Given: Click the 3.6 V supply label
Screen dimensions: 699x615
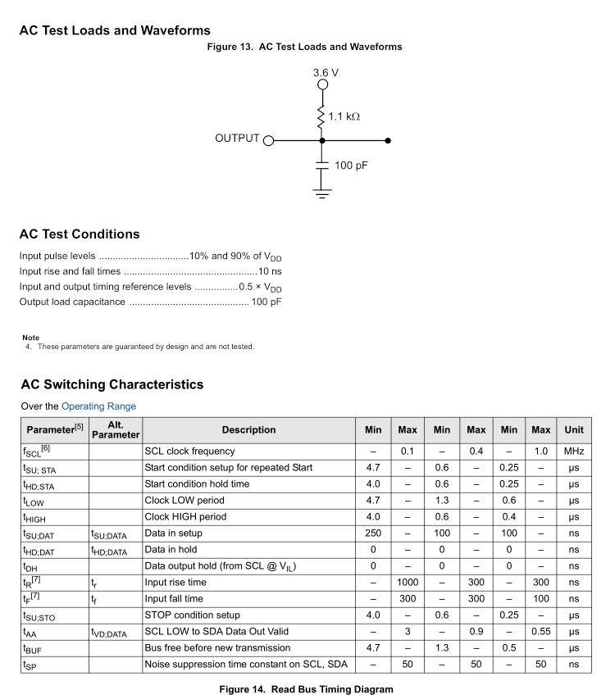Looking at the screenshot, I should [x=326, y=72].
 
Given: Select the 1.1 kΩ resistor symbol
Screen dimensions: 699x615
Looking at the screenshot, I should [x=322, y=116].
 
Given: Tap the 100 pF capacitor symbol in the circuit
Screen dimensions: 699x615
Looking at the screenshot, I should [x=322, y=166].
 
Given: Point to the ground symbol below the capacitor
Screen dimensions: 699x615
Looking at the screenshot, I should [x=322, y=193].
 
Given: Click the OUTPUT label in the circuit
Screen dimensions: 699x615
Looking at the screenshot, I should [x=237, y=138].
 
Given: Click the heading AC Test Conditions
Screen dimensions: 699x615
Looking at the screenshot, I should [x=80, y=234].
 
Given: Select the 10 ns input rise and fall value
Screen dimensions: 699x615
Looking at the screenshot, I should [x=270, y=271].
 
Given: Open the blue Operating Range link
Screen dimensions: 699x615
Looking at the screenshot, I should [x=98, y=406].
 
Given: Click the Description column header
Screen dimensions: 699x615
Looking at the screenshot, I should [x=248, y=430].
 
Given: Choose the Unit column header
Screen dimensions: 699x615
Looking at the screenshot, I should [x=574, y=430].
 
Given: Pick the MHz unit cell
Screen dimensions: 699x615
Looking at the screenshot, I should [x=574, y=452].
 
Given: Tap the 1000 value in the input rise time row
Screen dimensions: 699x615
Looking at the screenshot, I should [x=408, y=583].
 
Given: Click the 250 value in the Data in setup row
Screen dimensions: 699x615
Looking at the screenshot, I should [x=373, y=533].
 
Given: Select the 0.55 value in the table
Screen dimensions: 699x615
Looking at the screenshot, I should [x=541, y=632].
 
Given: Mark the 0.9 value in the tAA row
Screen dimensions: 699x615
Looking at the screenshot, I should [x=476, y=632].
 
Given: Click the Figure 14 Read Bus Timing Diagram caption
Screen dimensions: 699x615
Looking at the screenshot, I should [x=306, y=689].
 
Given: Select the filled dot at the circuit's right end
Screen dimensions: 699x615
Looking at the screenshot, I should [x=388, y=140].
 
